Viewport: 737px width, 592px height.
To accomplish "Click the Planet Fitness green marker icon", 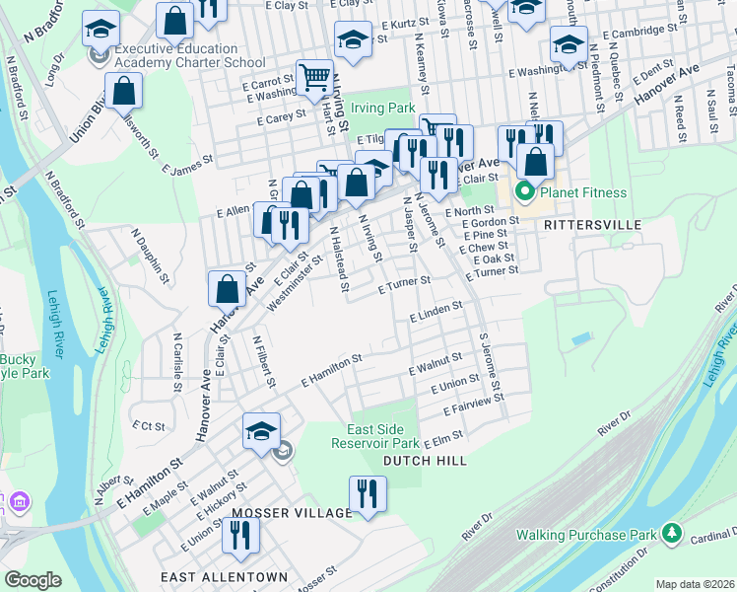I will [525, 191].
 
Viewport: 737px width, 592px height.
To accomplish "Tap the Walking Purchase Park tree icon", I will [672, 534].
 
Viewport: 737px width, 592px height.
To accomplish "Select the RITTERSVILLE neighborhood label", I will [592, 225].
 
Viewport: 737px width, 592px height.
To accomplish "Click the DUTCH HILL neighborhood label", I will [425, 461].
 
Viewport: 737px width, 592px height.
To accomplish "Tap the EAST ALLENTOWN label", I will [228, 577].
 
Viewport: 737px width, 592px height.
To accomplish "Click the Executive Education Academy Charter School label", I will [176, 55].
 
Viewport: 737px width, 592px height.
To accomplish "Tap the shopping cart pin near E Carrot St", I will [314, 75].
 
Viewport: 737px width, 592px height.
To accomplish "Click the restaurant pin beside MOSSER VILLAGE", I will [368, 492].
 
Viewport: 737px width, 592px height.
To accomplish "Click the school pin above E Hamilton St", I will [262, 431].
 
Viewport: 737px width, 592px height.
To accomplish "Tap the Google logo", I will [33, 580].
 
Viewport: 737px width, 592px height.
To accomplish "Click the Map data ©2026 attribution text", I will [695, 584].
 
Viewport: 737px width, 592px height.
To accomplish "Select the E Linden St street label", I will [435, 311].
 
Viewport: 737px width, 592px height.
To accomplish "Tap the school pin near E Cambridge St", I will [569, 42].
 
